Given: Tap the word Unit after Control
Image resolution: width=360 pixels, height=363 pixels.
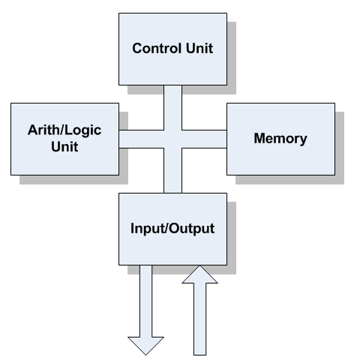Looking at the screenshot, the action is click(x=199, y=48).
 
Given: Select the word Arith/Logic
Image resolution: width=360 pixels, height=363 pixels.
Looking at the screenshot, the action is click(x=64, y=130).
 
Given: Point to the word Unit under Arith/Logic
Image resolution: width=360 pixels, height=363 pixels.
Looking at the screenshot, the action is click(x=64, y=146).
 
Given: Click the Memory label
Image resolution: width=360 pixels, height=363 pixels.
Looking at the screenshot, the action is click(x=280, y=139).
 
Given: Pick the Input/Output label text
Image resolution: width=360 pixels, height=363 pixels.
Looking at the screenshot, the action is click(x=172, y=229).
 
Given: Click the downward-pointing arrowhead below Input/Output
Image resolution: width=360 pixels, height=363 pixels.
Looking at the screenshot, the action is click(x=145, y=346).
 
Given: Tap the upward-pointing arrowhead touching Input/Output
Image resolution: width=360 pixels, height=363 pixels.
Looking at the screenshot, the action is click(x=199, y=274).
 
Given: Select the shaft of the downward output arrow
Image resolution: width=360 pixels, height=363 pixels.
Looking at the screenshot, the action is click(x=145, y=301).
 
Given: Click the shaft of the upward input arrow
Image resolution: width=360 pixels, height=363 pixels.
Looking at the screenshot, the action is click(x=199, y=319).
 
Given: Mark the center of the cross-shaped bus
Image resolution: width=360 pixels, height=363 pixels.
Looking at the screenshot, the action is click(x=172, y=139).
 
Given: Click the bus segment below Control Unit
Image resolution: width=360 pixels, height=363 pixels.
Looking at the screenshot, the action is click(x=172, y=107).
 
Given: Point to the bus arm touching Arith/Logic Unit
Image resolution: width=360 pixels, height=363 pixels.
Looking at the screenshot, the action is click(x=142, y=139).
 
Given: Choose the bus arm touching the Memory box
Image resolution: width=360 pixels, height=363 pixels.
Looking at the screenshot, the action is click(x=204, y=139).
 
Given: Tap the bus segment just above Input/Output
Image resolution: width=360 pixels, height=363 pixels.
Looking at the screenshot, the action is click(x=172, y=170).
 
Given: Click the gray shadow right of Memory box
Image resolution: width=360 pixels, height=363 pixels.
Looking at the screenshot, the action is click(x=340, y=148).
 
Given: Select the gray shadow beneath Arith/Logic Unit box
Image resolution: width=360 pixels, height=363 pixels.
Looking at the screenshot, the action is click(x=73, y=180).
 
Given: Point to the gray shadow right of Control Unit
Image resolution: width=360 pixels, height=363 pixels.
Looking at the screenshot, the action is click(x=232, y=58).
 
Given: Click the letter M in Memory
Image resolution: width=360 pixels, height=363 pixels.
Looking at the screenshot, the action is click(x=259, y=138).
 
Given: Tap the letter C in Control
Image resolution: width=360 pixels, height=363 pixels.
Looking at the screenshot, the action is click(x=137, y=48).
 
